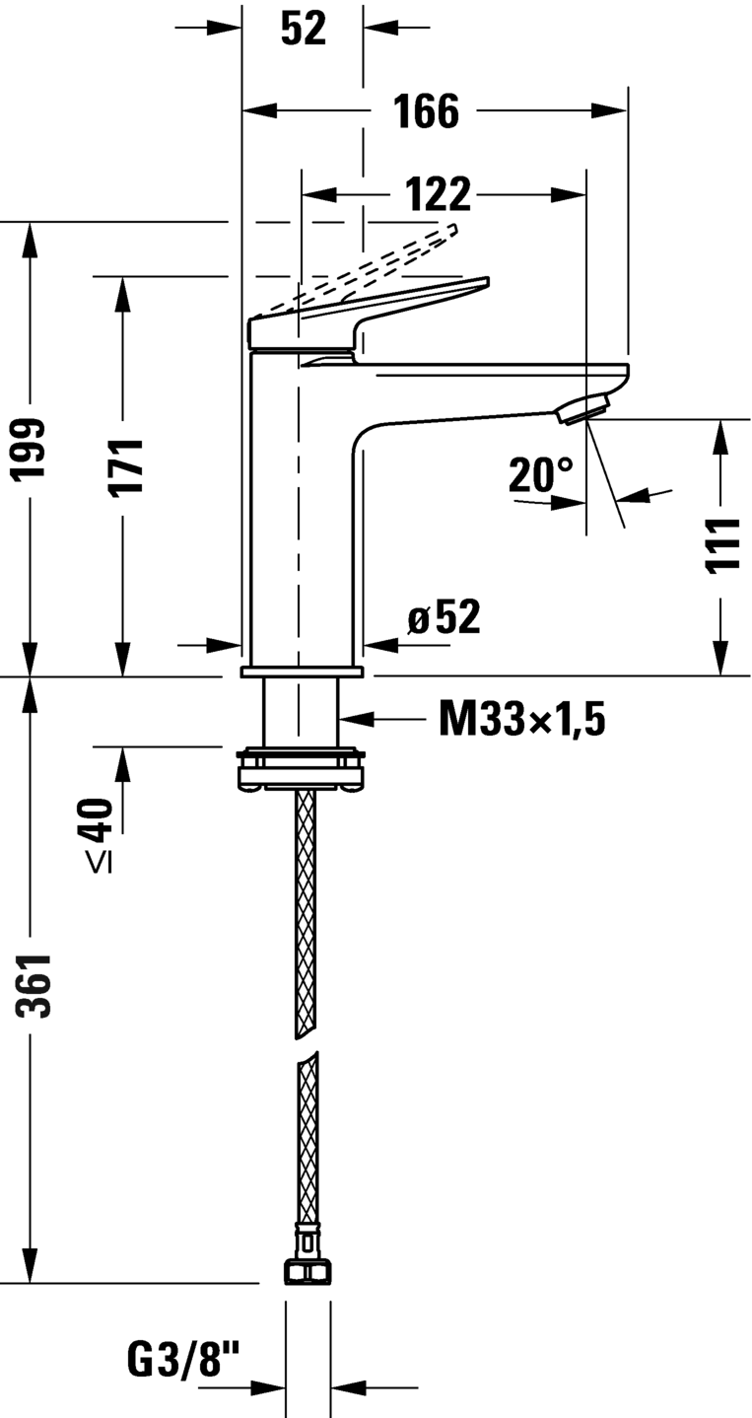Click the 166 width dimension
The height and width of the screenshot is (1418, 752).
pyautogui.click(x=427, y=111)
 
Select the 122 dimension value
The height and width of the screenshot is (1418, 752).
pyautogui.click(x=438, y=194)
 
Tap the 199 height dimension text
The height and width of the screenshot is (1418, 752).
pyautogui.click(x=30, y=449)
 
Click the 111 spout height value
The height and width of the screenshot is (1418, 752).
pyautogui.click(x=722, y=545)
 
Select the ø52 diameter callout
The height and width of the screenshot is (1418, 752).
pyautogui.click(x=444, y=616)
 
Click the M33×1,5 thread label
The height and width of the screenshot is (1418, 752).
pyautogui.click(x=522, y=720)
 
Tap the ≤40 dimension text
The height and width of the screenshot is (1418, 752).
pyautogui.click(x=97, y=834)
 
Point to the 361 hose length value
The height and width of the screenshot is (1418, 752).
pyautogui.click(x=33, y=985)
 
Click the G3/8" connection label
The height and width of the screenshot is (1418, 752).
pyautogui.click(x=183, y=1359)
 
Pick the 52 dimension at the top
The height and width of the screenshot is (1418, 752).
pyautogui.click(x=304, y=29)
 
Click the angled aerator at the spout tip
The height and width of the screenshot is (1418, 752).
pyautogui.click(x=582, y=407)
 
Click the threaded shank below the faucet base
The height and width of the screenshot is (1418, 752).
pyautogui.click(x=301, y=713)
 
